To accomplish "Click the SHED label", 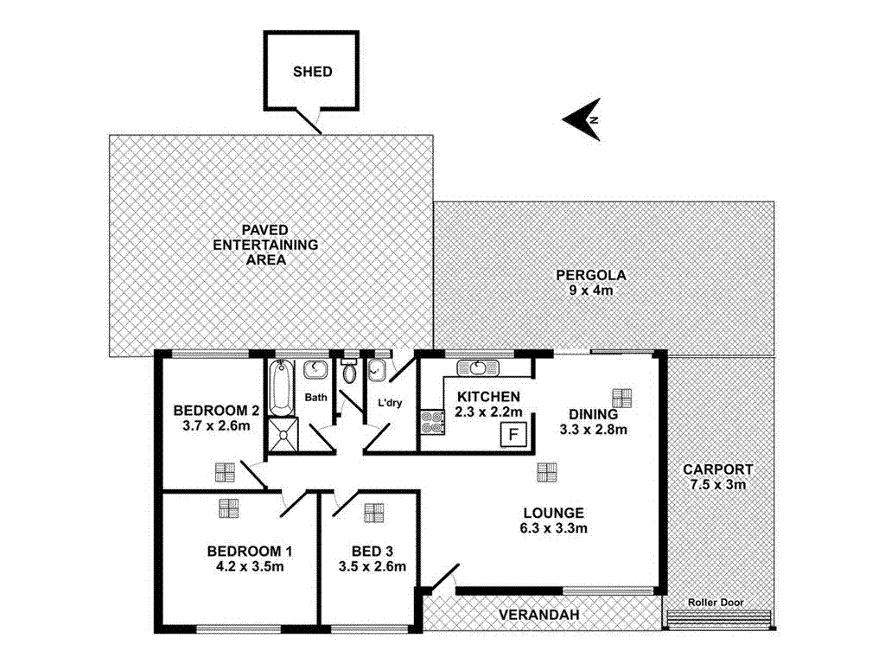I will coord(312,72).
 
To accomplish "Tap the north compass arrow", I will coord(582,119).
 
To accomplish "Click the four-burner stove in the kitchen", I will coord(432,421).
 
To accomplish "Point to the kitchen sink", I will coord(479,367).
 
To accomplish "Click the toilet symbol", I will coord(349,373).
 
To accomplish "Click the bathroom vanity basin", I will coord(315,369).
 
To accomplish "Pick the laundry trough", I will coord(377,369).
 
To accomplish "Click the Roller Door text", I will coord(716,603).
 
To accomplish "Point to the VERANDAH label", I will coord(538,615).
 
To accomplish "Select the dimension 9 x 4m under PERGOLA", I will coord(590,290).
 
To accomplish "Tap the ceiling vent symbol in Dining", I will coord(621,398).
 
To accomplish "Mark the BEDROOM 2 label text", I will coord(216,410).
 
